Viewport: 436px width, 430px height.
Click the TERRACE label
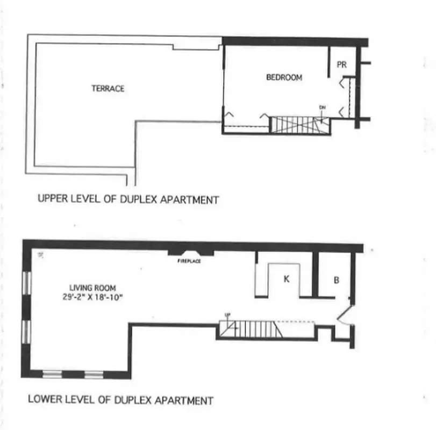tap(108, 88)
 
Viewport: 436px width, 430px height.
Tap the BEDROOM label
tap(284, 77)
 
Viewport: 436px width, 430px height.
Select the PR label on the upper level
tap(341, 64)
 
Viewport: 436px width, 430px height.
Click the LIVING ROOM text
tap(92, 288)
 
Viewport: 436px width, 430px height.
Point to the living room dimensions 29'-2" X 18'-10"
tap(92, 296)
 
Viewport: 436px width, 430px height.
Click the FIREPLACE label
tap(189, 262)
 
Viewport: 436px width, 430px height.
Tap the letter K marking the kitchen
tap(287, 278)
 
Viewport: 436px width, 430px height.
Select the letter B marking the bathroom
tap(337, 280)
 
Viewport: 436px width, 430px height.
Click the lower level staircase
tap(250, 329)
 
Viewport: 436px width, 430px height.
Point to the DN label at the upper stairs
tap(323, 107)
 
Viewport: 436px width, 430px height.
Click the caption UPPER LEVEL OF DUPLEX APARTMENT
tap(128, 199)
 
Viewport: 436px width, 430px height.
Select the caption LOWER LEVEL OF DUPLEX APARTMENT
tap(120, 400)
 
